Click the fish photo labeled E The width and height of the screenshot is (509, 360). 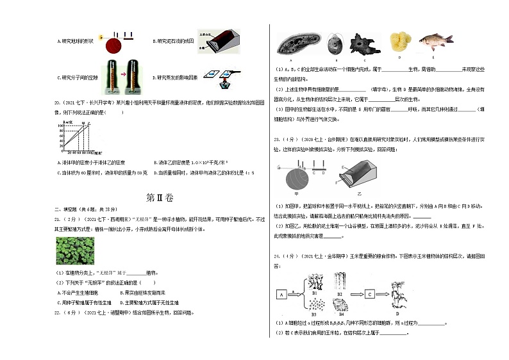[x=436, y=41]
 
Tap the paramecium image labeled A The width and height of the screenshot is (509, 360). [x=293, y=44]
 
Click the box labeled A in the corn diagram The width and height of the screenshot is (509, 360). [x=281, y=295]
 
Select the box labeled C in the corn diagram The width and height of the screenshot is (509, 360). [x=370, y=295]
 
